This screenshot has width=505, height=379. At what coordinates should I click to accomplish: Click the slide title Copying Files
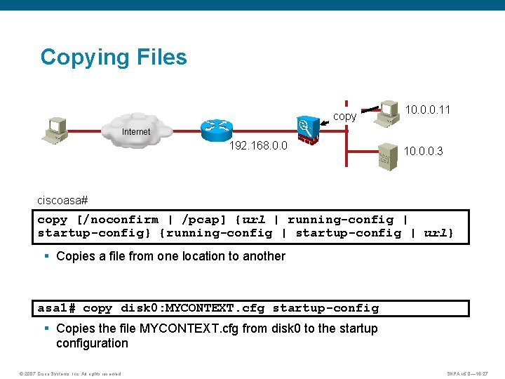point(114,57)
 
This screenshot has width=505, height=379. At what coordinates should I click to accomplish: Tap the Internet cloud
point(137,133)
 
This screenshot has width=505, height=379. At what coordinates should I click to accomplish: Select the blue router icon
point(216,129)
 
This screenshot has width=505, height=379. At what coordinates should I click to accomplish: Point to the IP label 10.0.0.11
point(428,109)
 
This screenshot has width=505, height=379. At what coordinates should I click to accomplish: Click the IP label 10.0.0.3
point(423,152)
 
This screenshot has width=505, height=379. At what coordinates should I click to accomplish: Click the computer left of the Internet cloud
point(55,131)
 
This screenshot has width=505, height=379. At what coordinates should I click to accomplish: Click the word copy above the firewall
point(344,117)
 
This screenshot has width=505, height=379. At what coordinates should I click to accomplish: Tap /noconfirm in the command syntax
point(115,220)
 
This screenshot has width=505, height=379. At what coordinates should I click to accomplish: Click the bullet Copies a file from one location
point(170,256)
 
